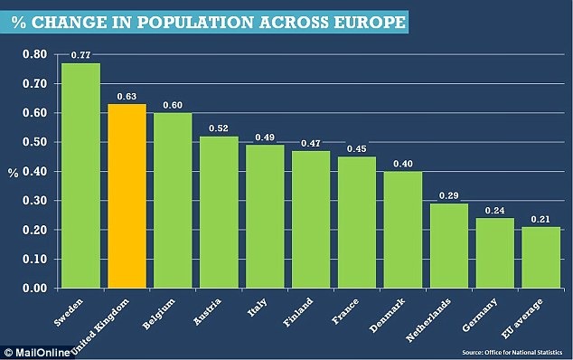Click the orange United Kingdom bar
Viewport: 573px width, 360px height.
click(x=127, y=196)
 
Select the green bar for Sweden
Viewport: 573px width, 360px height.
click(x=80, y=175)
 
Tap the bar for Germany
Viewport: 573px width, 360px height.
click(x=494, y=253)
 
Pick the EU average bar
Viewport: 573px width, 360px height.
click(x=540, y=258)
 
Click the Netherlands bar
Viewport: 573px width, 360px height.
click(x=449, y=246)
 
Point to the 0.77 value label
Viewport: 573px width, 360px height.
click(x=80, y=55)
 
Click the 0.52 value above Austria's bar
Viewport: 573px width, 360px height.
click(x=219, y=128)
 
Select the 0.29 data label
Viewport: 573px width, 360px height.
click(x=449, y=195)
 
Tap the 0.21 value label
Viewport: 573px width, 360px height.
click(x=540, y=219)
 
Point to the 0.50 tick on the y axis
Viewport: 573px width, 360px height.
click(x=34, y=142)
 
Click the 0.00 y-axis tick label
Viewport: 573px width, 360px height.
click(x=34, y=289)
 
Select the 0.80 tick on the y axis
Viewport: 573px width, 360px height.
click(x=34, y=54)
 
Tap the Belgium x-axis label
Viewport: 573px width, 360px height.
click(x=158, y=314)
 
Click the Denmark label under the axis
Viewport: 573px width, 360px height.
click(x=387, y=315)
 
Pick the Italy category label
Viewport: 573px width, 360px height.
click(x=258, y=308)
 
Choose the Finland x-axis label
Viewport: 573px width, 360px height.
click(x=298, y=312)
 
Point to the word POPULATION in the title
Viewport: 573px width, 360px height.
click(x=195, y=22)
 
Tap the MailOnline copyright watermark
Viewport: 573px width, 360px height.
click(x=37, y=353)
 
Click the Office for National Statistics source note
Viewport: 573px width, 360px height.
click(x=512, y=353)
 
